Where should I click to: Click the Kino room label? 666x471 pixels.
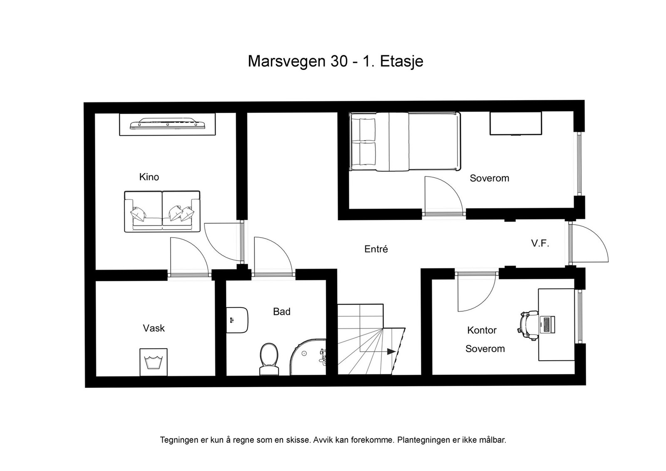pos(149,177)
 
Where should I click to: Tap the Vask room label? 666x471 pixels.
pos(154,328)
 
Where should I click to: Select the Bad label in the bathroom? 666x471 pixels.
pos(281,311)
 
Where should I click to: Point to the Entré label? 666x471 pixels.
pos(376,249)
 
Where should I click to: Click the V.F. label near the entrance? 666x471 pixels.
pos(540,244)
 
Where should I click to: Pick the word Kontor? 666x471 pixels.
pos(482,330)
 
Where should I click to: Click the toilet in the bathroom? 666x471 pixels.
pos(269,359)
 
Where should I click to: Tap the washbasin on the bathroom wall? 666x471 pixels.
pos(237,320)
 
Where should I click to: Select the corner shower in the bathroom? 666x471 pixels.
pos(308,357)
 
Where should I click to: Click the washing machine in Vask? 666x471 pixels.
pos(154,362)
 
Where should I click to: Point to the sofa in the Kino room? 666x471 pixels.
pos(162,212)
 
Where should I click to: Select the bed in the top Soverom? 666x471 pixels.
pos(405,142)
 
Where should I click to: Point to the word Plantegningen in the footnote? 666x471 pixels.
pos(424,440)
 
